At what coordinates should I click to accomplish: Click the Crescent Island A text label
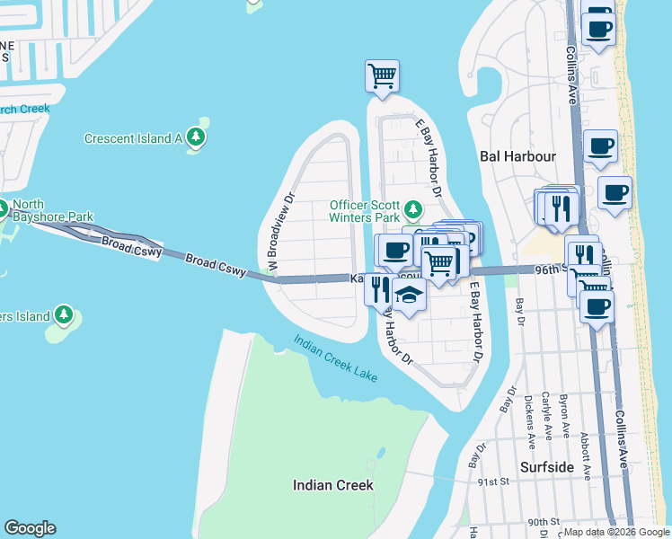(x=133, y=138)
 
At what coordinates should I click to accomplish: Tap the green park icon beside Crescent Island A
(x=196, y=137)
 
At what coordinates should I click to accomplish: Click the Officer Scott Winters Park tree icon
(x=412, y=210)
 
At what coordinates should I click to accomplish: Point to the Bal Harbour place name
(x=518, y=156)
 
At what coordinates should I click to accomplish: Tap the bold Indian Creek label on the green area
(x=332, y=485)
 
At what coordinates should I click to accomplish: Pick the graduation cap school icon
(x=409, y=294)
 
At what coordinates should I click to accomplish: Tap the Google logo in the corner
(x=30, y=528)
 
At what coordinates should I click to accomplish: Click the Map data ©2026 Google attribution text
(x=615, y=532)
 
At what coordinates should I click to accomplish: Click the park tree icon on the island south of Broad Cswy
(x=63, y=314)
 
